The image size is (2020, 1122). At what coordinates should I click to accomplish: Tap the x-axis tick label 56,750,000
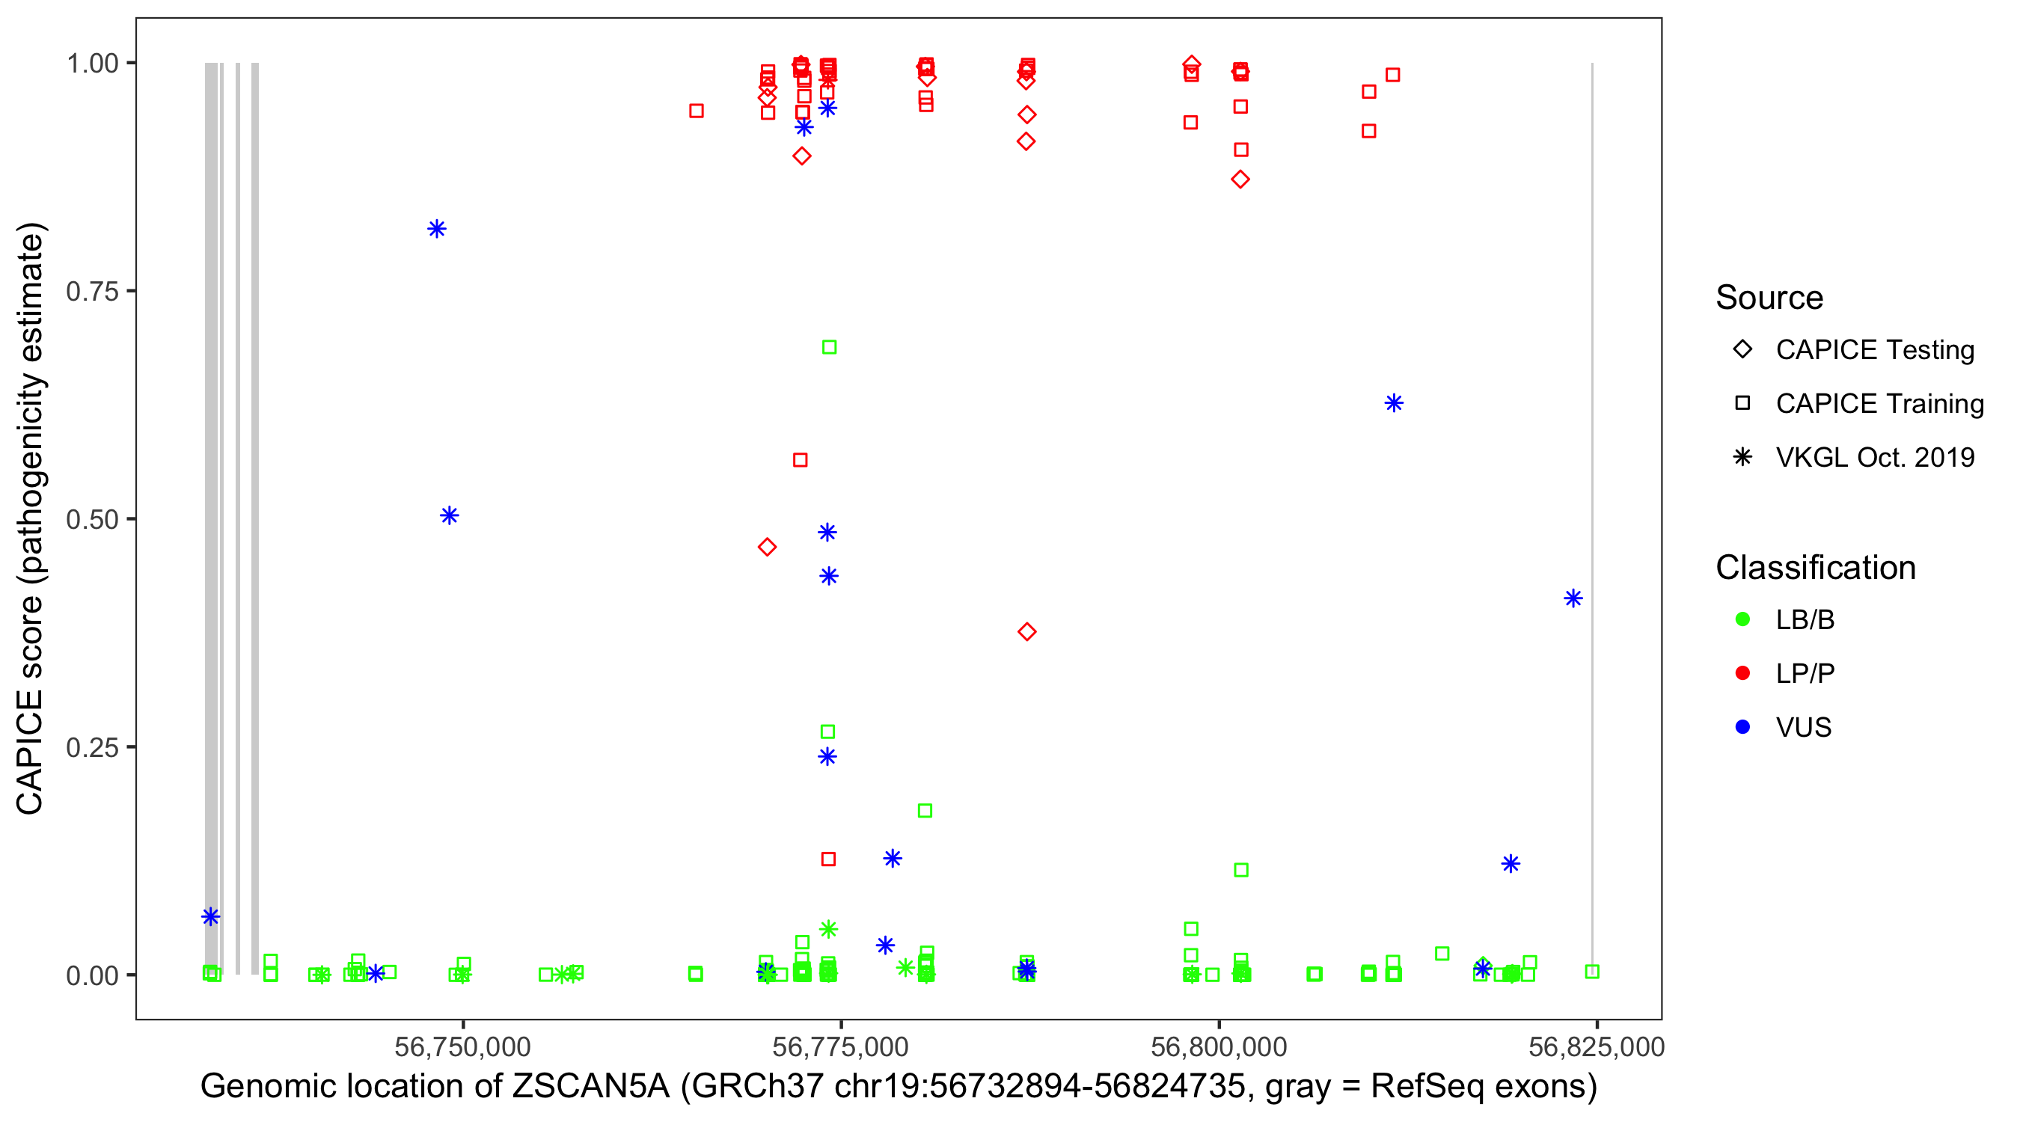pos(462,1046)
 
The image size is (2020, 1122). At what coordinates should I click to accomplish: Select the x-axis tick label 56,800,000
pos(1219,1046)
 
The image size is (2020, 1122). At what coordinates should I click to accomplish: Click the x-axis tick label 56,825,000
pos(1597,1046)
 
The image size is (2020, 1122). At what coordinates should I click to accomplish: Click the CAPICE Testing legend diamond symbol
pos(1743,350)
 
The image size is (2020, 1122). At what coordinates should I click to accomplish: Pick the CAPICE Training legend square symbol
pos(1743,404)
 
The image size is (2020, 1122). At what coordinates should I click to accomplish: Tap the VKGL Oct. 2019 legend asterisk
pos(1743,457)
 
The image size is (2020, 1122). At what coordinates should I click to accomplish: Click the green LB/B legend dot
pos(1743,619)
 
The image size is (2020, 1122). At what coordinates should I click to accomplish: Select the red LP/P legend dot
pos(1743,673)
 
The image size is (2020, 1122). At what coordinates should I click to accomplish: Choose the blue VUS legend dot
pos(1743,728)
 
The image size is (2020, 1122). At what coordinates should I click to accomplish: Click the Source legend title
pos(1769,298)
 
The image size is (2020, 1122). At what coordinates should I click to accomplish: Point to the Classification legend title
pos(1815,568)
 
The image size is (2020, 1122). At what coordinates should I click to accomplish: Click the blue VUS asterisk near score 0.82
pos(437,229)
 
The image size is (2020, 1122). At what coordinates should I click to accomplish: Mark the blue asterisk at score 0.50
pos(450,515)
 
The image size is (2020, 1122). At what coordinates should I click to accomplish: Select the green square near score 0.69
pos(829,347)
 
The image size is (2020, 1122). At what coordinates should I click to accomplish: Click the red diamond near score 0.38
pos(1027,632)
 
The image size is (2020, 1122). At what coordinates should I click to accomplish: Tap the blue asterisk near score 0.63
pos(1394,403)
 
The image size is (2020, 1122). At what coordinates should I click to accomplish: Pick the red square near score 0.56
pos(800,460)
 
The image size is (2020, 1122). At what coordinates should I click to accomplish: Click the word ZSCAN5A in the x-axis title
pos(591,1087)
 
